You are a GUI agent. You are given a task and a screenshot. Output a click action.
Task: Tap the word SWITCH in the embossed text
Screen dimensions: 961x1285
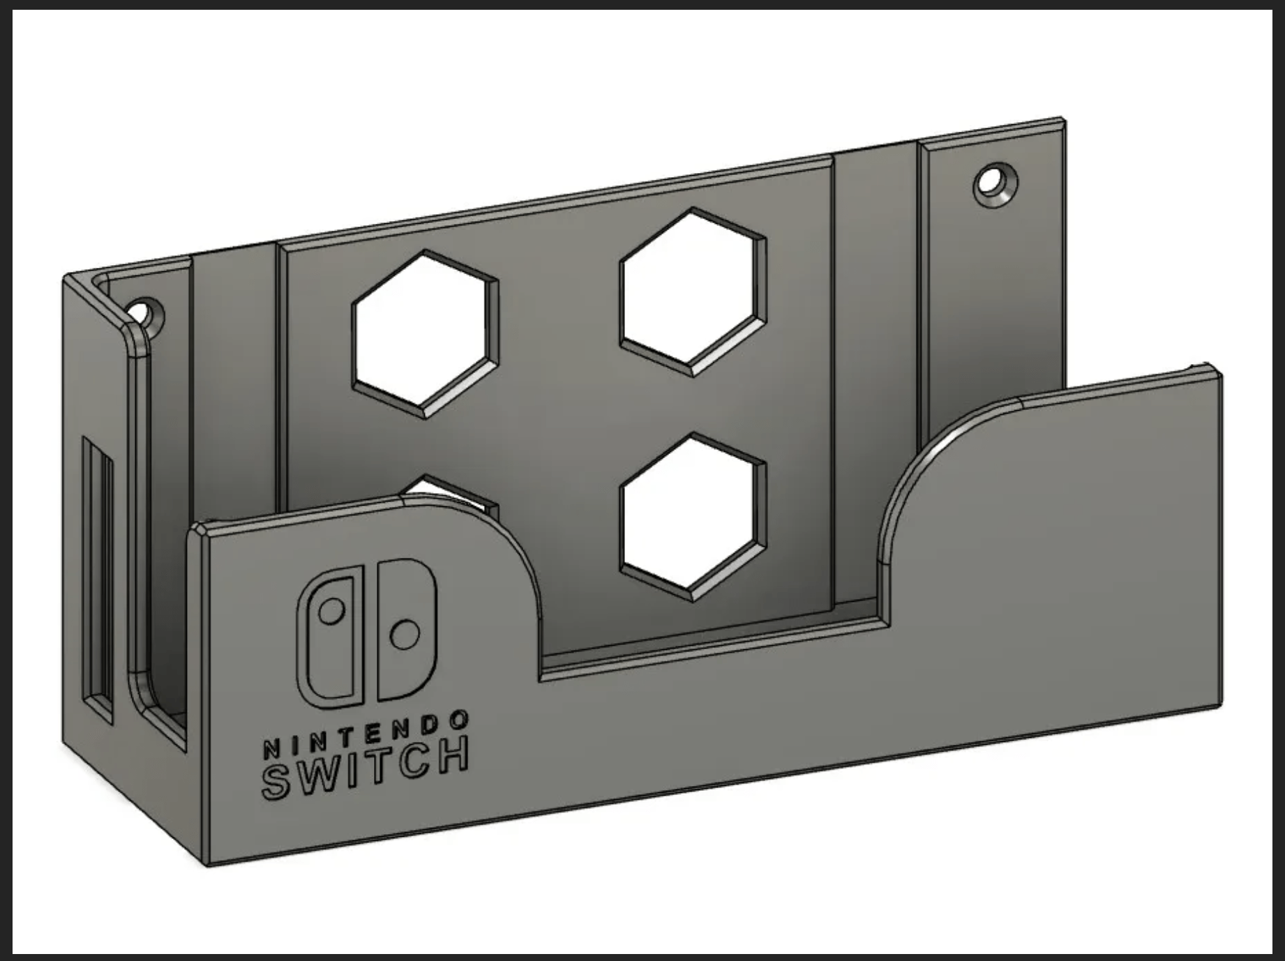[x=364, y=770]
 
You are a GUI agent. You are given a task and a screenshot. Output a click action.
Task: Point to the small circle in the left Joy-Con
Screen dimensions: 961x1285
[x=331, y=612]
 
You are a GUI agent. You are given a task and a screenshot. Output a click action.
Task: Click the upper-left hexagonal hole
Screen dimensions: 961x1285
[x=426, y=333]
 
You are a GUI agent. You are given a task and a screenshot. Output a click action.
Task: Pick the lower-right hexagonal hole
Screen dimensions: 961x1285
[x=692, y=516]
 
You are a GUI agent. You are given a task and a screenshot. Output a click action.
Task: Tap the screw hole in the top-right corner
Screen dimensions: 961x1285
[x=993, y=183]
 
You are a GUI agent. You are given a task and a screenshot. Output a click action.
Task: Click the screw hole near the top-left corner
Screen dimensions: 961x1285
[x=142, y=312]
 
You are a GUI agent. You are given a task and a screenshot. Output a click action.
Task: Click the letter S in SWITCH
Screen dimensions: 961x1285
[x=275, y=782]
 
